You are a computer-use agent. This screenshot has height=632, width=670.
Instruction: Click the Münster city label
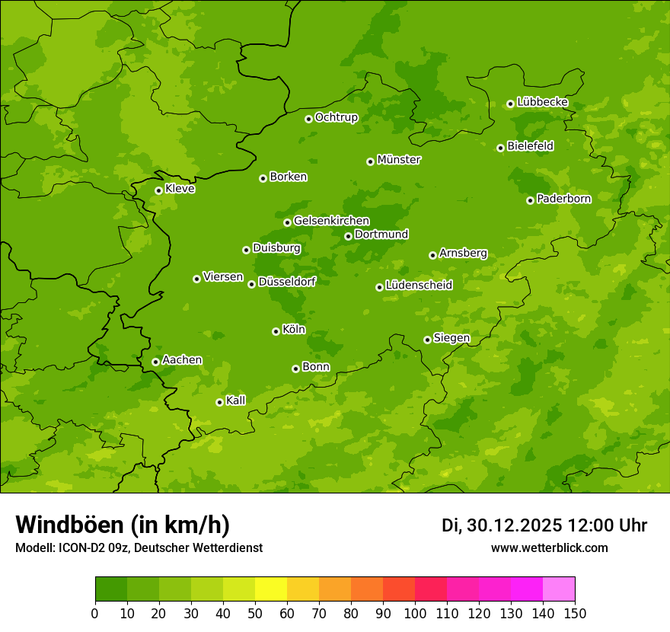pos(398,160)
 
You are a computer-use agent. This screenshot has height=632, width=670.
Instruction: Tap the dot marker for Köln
pos(276,331)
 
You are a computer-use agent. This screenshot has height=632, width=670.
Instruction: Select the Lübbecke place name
pos(542,102)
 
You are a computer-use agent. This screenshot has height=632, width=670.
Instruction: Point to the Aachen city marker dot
pos(155,362)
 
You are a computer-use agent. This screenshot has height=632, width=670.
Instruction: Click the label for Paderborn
pos(563,199)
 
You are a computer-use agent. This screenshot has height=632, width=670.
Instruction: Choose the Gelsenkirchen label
pos(331,221)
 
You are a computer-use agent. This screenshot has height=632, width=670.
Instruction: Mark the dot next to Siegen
pos(427,340)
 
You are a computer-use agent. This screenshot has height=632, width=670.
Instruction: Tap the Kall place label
pos(236,401)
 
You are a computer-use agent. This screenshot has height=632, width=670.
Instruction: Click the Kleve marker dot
pos(158,190)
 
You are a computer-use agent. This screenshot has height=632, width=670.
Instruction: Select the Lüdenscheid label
pos(419,286)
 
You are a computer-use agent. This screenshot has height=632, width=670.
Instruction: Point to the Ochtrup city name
pos(336,117)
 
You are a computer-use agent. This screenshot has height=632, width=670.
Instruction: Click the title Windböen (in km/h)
pos(123,525)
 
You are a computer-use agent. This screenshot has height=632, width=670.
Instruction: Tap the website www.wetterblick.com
pos(549,547)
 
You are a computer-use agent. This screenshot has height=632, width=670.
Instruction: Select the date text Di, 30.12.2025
pos(502,525)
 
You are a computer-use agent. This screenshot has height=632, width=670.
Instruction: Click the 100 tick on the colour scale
pos(415,613)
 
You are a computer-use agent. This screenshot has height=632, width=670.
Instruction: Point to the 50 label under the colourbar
pos(255,613)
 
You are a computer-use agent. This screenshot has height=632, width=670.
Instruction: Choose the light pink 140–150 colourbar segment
pos(559,589)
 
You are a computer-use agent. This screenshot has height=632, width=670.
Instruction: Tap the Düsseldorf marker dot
pos(251,284)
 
